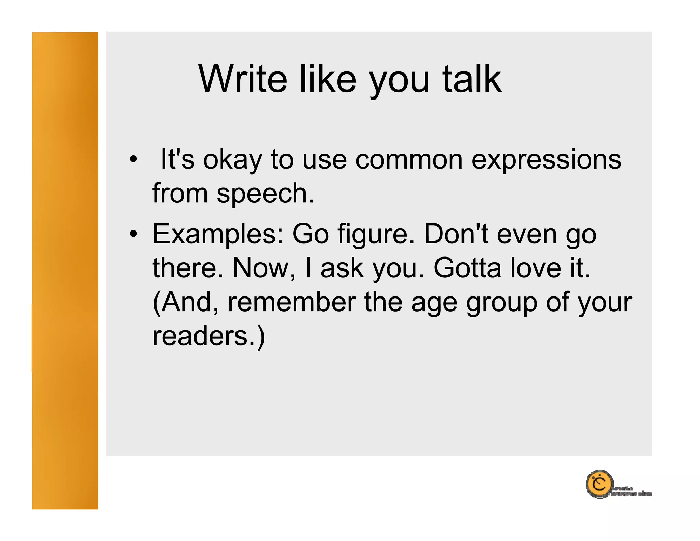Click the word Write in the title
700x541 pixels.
[243, 79]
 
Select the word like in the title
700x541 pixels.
[328, 79]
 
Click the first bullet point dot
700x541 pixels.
[133, 159]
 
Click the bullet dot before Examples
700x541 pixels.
[133, 234]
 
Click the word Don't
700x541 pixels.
[456, 234]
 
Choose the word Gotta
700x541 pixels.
[467, 268]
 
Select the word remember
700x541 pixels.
[292, 302]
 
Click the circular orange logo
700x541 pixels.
[599, 484]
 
